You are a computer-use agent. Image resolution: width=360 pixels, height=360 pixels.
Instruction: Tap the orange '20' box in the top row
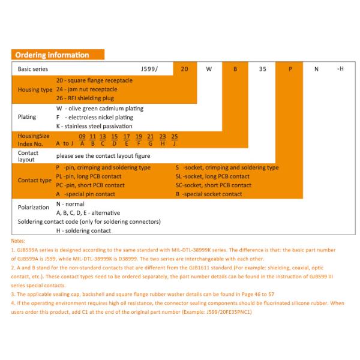(184, 69)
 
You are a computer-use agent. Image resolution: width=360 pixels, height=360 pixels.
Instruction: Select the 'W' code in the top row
(209, 69)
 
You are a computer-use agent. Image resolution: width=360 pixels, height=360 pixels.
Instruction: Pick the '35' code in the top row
(262, 69)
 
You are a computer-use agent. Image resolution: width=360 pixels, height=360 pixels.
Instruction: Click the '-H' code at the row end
(340, 69)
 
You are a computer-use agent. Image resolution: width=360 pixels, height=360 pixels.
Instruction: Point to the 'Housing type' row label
(35, 89)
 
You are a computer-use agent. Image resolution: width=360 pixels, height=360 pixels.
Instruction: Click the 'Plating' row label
(28, 117)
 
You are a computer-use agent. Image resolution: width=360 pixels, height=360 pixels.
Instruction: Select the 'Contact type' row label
(35, 180)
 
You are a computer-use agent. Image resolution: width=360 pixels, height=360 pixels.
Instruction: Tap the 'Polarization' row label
(34, 208)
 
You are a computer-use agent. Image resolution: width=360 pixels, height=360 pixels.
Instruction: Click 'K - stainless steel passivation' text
(94, 126)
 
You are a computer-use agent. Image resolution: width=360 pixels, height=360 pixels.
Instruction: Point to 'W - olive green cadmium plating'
(100, 109)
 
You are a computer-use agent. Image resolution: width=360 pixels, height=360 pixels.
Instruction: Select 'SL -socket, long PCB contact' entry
(212, 176)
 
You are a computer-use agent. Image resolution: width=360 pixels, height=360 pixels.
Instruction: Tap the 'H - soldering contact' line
(83, 230)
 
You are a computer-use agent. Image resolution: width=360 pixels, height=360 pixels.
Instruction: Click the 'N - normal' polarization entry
(70, 204)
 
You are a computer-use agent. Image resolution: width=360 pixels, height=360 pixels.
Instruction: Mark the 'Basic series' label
(34, 69)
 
